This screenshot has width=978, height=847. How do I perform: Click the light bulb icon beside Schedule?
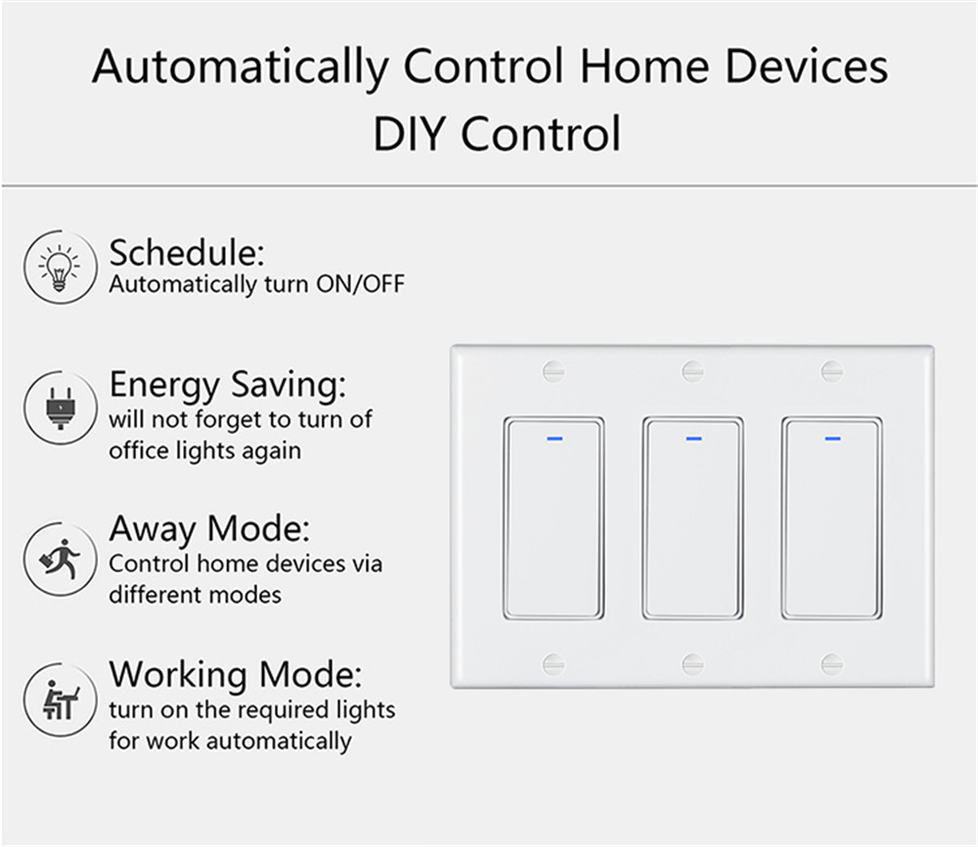(x=60, y=267)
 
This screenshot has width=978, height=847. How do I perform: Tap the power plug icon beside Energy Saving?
(x=60, y=408)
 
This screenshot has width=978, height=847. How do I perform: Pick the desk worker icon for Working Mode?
(x=60, y=700)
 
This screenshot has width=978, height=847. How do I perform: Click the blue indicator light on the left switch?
(x=555, y=438)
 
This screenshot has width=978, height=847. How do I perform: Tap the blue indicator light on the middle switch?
(x=693, y=438)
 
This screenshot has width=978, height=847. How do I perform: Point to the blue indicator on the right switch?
(x=832, y=438)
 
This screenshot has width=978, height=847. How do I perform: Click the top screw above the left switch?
(x=554, y=371)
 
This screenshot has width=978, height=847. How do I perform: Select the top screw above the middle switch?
(x=692, y=371)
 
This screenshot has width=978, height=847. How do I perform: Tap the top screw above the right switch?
(x=831, y=371)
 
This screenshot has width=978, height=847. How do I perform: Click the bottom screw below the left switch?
(x=554, y=664)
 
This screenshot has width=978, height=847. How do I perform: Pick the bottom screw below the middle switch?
(x=692, y=664)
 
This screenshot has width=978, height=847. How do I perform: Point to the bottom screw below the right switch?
(x=831, y=664)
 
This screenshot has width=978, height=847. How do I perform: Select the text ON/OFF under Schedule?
(x=361, y=285)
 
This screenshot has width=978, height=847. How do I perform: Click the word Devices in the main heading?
(x=807, y=67)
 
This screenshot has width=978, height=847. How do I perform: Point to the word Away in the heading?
(x=153, y=530)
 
